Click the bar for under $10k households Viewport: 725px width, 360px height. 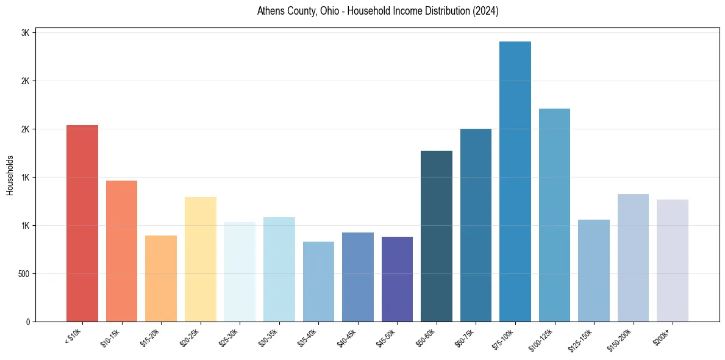click(82, 223)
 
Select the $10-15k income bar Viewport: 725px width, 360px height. click(121, 251)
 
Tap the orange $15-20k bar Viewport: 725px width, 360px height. click(161, 278)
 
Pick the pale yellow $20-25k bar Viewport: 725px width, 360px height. click(200, 259)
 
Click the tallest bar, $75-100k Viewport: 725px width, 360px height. click(515, 181)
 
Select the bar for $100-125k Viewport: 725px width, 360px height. click(554, 215)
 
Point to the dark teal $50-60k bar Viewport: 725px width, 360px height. click(437, 236)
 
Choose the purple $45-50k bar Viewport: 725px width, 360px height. click(397, 279)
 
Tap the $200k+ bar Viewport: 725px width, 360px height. click(673, 261)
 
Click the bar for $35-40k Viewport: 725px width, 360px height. click(318, 281)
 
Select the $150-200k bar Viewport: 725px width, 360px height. click(633, 257)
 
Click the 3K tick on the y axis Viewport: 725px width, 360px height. click(25, 33)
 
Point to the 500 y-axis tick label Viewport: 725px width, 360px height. click(23, 274)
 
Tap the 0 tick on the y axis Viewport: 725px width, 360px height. click(27, 322)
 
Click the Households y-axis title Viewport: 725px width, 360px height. click(10, 176)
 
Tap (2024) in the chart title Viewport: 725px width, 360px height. click(485, 11)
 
